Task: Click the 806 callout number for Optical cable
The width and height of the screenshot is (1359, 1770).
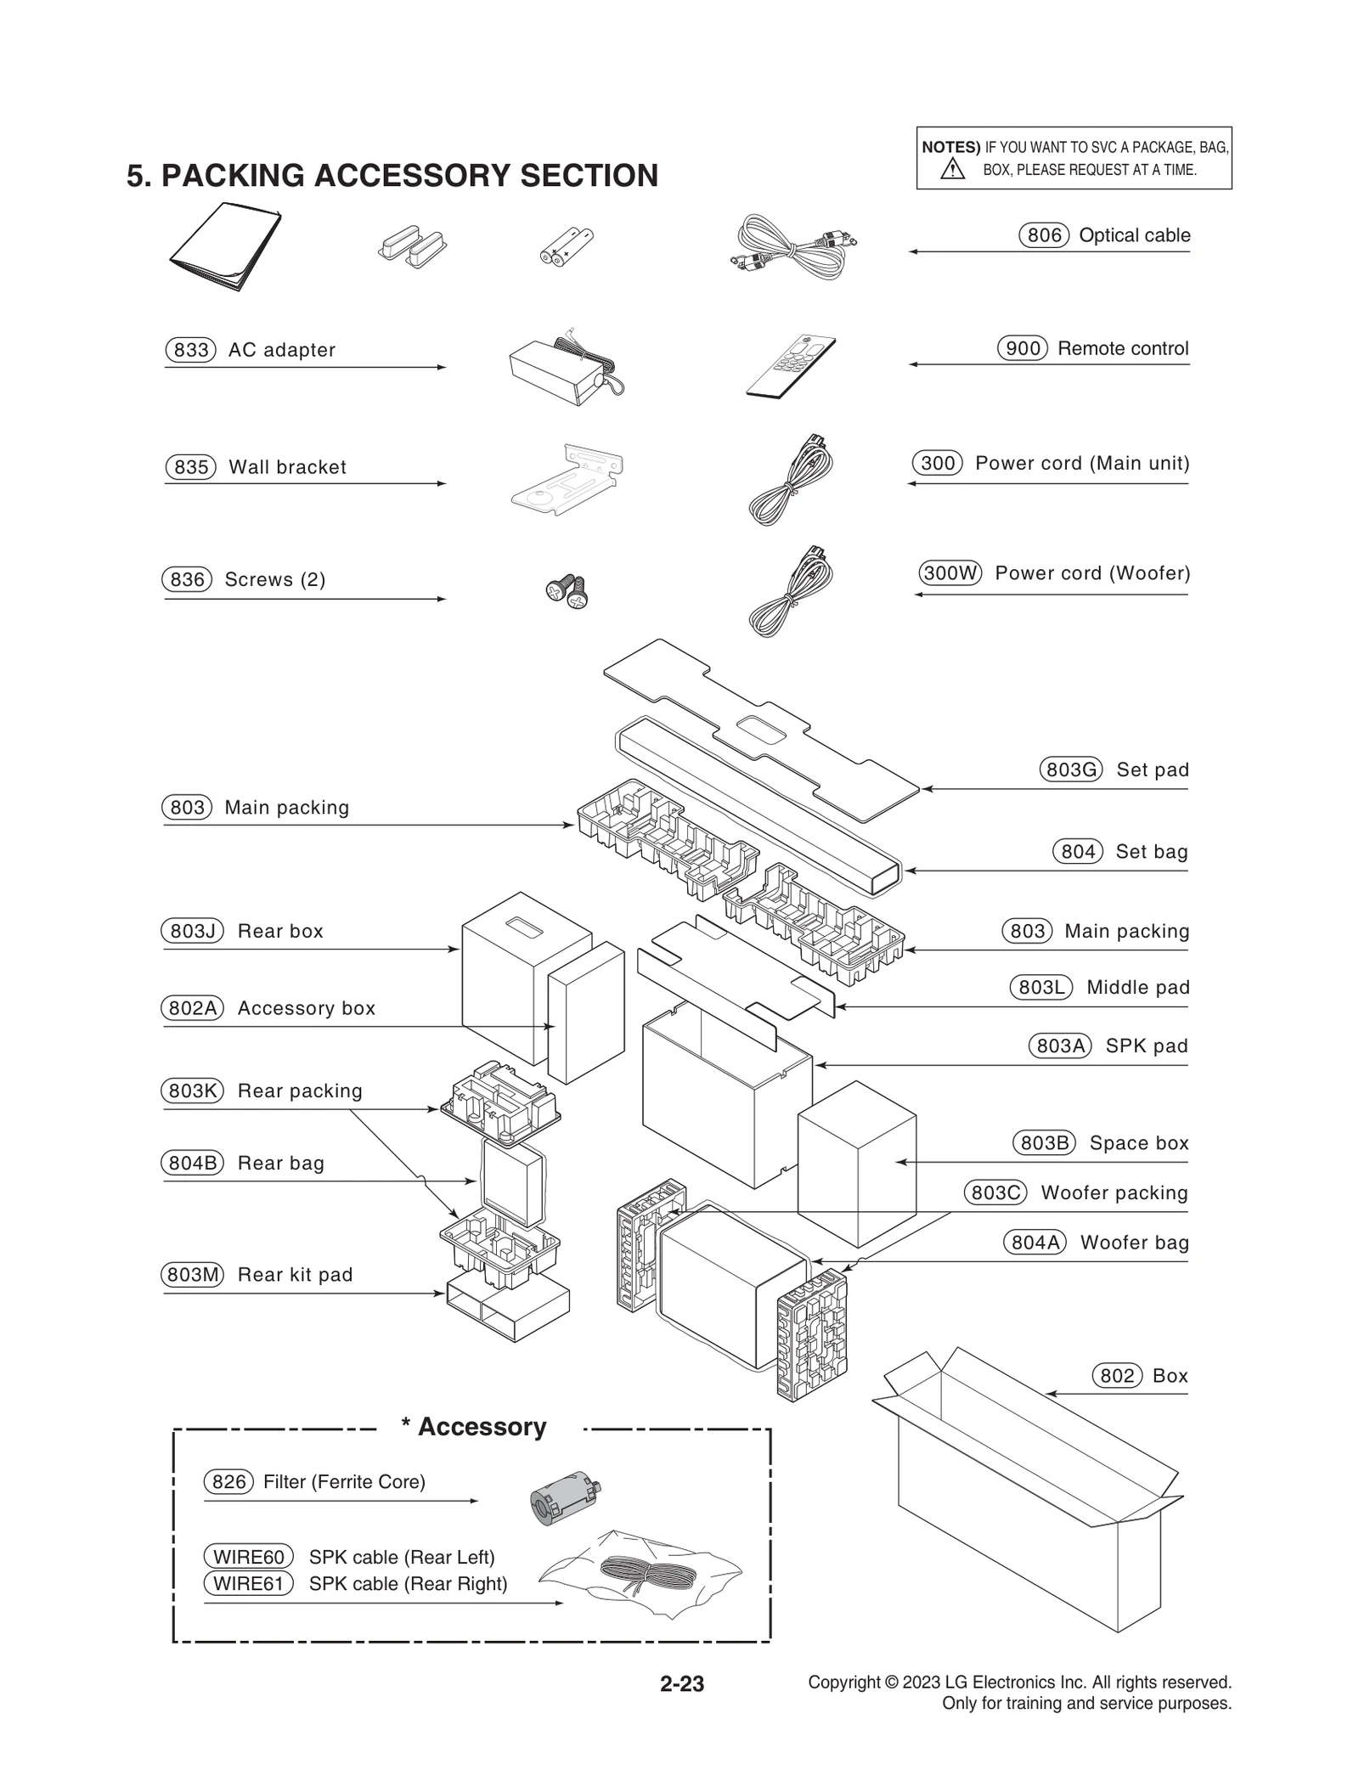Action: pyautogui.click(x=1043, y=235)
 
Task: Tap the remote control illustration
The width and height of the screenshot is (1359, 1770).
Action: pyautogui.click(x=791, y=366)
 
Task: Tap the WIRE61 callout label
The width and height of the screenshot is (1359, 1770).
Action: pyautogui.click(x=248, y=1583)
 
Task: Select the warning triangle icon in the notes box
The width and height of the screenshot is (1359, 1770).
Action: pyautogui.click(x=952, y=169)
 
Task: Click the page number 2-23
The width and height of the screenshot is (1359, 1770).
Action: pyautogui.click(x=681, y=1683)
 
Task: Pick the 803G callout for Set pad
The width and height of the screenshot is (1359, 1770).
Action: pyautogui.click(x=1070, y=769)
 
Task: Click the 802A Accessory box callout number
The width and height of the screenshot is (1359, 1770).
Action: pyautogui.click(x=192, y=1008)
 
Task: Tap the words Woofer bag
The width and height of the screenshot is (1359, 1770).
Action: pyautogui.click(x=1134, y=1243)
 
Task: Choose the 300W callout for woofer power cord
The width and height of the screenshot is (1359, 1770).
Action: pyautogui.click(x=950, y=572)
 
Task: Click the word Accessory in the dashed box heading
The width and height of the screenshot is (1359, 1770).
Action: pyautogui.click(x=482, y=1427)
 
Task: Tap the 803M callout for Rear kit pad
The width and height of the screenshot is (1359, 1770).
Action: pyautogui.click(x=192, y=1275)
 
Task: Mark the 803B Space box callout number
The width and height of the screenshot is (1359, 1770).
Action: pyautogui.click(x=1044, y=1143)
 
